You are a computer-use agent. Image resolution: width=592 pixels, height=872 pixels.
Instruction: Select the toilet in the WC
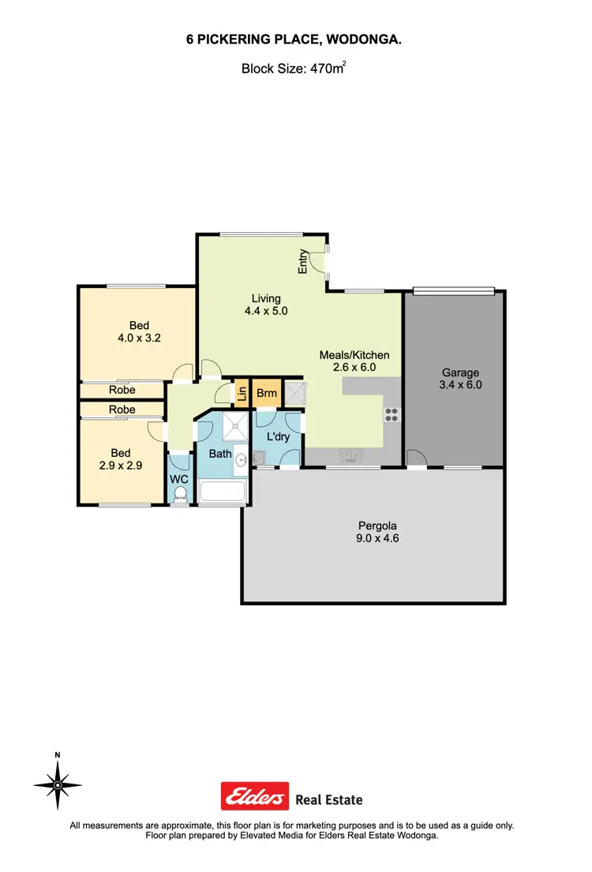pos(180,493)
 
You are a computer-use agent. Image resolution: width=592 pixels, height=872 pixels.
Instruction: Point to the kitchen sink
pos(350,455)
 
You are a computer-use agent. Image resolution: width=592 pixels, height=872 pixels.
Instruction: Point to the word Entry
pos(302,262)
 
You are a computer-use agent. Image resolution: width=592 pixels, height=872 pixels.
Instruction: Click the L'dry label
pos(277,436)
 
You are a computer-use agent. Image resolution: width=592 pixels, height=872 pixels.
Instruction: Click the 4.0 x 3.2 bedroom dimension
pos(139,339)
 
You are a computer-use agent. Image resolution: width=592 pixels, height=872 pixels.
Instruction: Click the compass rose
pos(58,784)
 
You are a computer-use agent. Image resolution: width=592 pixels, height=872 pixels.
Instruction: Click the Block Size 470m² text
pos(294,69)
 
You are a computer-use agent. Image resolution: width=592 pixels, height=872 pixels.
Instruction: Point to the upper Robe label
pos(122,390)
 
